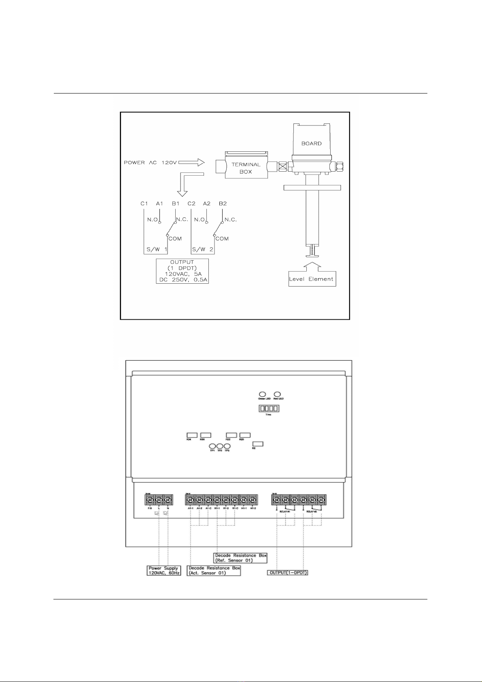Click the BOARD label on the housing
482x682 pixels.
click(311, 143)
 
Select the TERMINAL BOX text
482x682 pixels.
click(246, 168)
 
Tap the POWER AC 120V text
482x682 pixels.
click(150, 163)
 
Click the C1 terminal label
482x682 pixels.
click(144, 204)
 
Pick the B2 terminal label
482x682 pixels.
click(223, 204)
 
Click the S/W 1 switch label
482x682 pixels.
click(157, 250)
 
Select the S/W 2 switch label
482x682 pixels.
click(202, 250)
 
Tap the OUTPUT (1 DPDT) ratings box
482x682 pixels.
click(182, 271)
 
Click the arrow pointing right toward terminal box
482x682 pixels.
click(191, 163)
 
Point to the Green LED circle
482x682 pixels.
click(262, 394)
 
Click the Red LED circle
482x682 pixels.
click(278, 394)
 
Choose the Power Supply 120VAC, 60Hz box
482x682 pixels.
click(164, 571)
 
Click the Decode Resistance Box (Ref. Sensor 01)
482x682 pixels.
click(240, 558)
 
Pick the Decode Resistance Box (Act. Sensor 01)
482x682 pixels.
click(214, 571)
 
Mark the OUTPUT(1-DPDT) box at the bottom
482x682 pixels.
click(288, 573)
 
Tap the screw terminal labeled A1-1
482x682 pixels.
click(190, 500)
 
